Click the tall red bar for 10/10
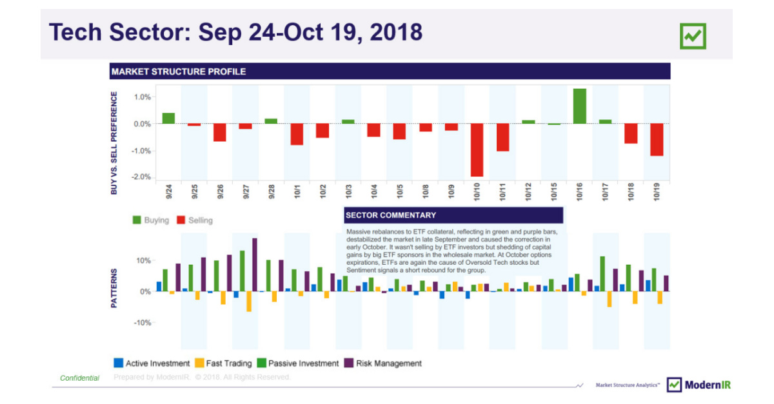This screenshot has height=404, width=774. click(x=477, y=149)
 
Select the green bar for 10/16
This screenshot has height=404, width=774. click(x=579, y=106)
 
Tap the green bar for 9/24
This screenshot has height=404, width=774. click(x=168, y=119)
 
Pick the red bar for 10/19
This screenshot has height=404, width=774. click(x=657, y=139)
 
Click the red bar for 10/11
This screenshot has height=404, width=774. click(x=502, y=137)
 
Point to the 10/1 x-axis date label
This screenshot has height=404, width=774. click(x=297, y=193)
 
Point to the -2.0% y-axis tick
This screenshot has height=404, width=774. click(x=142, y=177)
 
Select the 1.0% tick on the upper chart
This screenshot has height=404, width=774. click(x=143, y=97)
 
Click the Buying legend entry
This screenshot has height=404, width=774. click(x=151, y=220)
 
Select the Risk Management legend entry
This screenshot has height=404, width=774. click(x=383, y=363)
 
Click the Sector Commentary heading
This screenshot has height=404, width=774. click(x=391, y=215)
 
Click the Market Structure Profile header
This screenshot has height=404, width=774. click(x=178, y=72)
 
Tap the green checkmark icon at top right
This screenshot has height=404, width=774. click(x=693, y=36)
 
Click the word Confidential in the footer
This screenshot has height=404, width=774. click(x=79, y=378)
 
